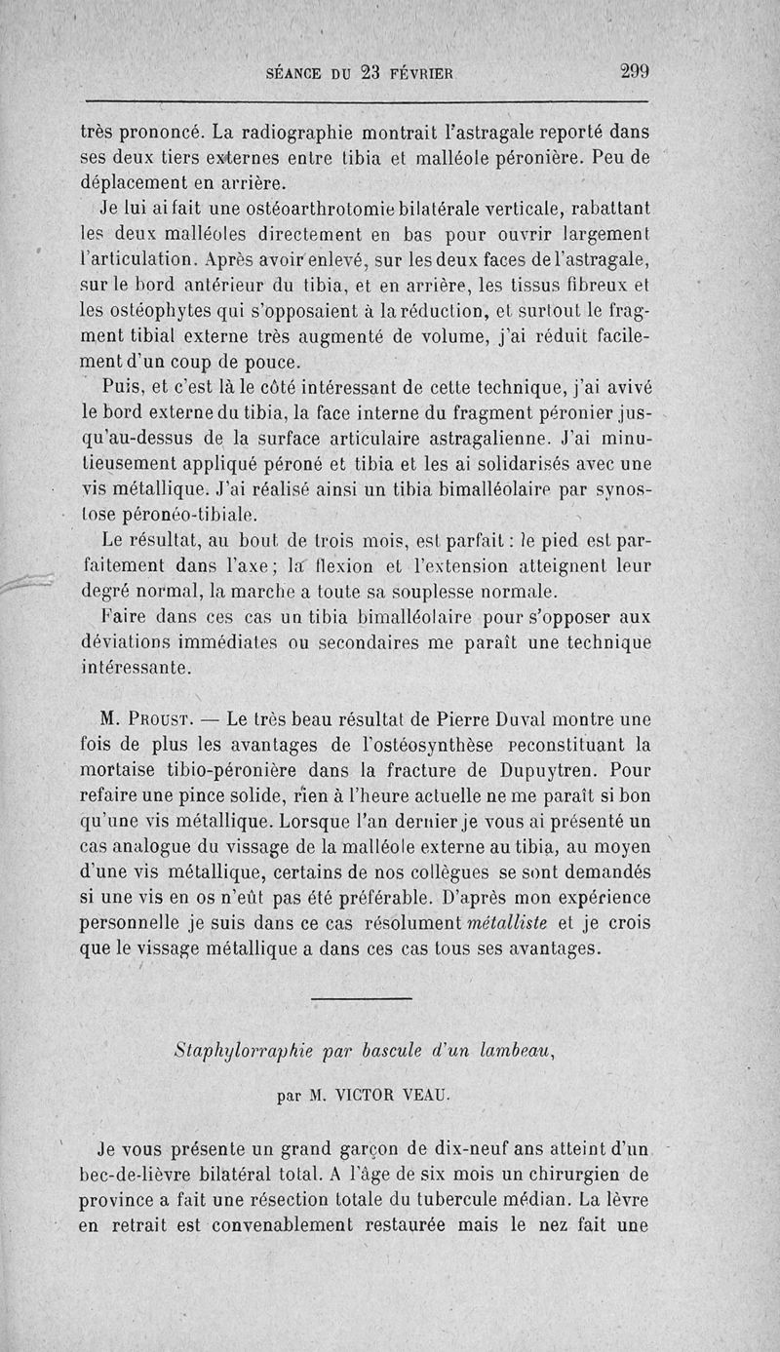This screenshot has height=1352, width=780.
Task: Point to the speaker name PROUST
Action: click(x=168, y=720)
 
